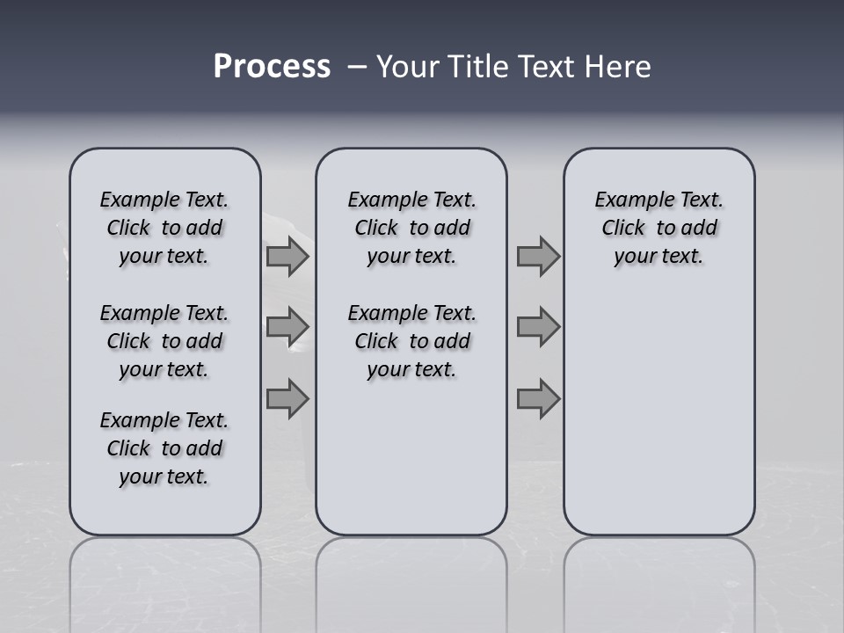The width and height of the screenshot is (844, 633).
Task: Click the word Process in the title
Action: point(272,67)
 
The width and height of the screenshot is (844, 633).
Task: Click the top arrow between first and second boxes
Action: point(287,257)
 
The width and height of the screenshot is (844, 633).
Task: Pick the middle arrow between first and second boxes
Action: point(287,327)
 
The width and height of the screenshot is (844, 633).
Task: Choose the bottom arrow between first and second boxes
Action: point(287,398)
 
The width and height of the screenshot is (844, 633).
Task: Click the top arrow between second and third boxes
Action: point(538,257)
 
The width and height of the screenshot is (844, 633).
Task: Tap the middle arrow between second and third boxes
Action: point(538,327)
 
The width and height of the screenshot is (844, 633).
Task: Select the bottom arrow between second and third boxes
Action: point(538,398)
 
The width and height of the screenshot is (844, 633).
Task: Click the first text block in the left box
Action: point(164,228)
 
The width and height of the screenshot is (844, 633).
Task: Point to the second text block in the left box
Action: point(164,341)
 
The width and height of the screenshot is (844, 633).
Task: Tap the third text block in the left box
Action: point(164,448)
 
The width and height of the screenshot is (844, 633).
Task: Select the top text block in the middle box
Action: point(412,228)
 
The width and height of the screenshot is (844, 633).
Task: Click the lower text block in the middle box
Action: point(412,341)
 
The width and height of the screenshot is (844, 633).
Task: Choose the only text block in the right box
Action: point(659,228)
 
